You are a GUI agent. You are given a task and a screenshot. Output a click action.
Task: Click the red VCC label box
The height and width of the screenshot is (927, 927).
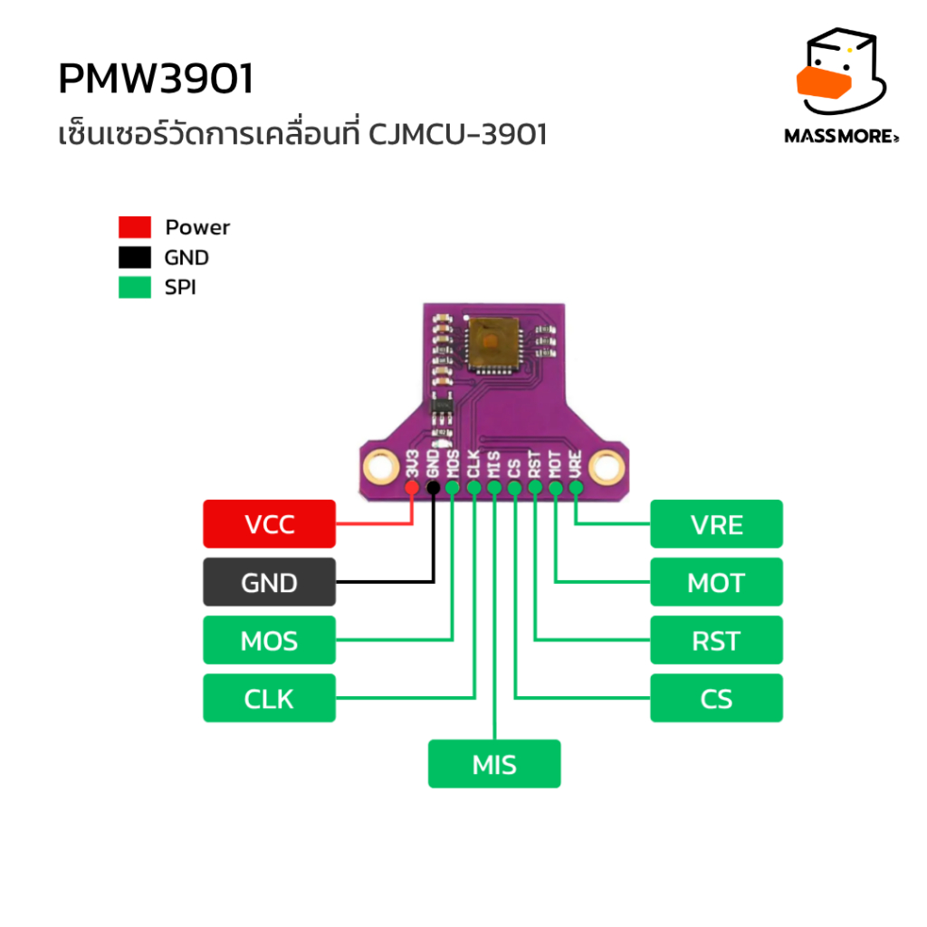tap(269, 524)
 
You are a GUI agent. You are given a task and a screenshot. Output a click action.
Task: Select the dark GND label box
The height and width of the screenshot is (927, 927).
tap(269, 582)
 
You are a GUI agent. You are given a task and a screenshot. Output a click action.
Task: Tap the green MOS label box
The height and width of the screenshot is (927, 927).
tap(269, 640)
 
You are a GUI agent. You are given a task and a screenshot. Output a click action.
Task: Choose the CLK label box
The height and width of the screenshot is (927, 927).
tap(269, 698)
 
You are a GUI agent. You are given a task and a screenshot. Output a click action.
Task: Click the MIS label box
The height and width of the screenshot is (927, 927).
tap(494, 764)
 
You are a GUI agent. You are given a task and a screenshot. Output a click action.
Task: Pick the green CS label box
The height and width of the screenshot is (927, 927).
tap(717, 698)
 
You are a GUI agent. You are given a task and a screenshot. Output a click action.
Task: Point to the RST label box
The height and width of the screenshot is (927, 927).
tap(717, 640)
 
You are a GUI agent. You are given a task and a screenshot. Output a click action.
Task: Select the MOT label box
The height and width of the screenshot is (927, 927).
tap(717, 582)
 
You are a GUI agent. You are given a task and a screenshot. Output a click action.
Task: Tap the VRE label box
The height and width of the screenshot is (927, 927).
tap(717, 524)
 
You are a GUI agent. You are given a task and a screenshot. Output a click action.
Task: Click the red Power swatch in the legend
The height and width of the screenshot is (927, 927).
tap(135, 227)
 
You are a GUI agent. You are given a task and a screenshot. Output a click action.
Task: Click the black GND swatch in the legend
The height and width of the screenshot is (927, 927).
tap(135, 257)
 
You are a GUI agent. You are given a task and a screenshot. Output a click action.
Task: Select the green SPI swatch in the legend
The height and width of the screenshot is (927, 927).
tap(135, 287)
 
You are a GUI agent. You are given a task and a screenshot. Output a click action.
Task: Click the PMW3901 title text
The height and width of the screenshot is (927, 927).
tap(156, 79)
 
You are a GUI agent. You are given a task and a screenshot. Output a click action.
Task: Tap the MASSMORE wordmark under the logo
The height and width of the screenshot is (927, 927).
tap(841, 136)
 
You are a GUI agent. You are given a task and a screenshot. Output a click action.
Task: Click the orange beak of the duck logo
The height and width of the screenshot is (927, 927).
tap(824, 82)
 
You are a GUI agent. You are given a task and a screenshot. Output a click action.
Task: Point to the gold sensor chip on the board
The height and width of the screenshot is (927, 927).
tap(492, 343)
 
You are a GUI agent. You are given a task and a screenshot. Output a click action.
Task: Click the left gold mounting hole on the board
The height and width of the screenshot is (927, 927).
tap(381, 466)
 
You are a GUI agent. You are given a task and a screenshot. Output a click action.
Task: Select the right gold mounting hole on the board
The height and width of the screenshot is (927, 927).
tap(607, 466)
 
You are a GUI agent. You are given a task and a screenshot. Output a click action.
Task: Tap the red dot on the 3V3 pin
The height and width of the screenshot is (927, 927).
tap(412, 488)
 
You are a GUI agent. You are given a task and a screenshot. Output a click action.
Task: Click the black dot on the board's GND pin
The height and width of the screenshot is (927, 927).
tap(434, 488)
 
